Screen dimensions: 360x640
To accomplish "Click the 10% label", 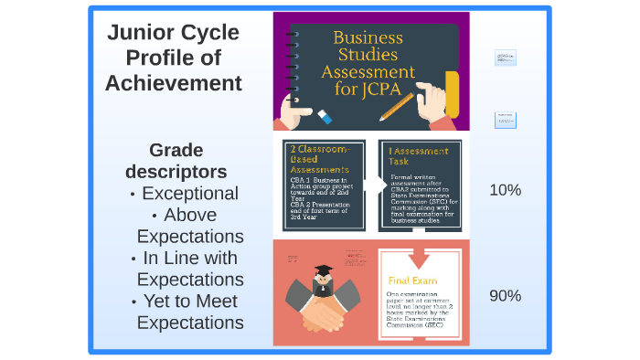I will coord(505,190).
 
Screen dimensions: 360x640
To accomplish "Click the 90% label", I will coord(505,295).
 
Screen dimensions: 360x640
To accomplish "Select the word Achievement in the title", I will coord(173,84).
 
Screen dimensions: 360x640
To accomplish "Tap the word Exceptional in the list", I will coord(189,194).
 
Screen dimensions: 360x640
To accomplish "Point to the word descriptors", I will coord(176,171).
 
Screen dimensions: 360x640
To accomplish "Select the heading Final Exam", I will coord(412,281).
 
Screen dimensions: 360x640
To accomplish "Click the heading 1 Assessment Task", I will coord(418,155).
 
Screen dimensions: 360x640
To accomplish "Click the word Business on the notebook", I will coord(368,38).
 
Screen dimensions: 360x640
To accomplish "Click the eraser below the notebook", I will coord(324,116).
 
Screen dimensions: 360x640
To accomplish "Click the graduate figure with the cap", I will coord(323,276).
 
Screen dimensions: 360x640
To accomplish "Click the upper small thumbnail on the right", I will coord(505,58).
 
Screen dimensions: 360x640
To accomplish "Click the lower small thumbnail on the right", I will coord(505,120).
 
